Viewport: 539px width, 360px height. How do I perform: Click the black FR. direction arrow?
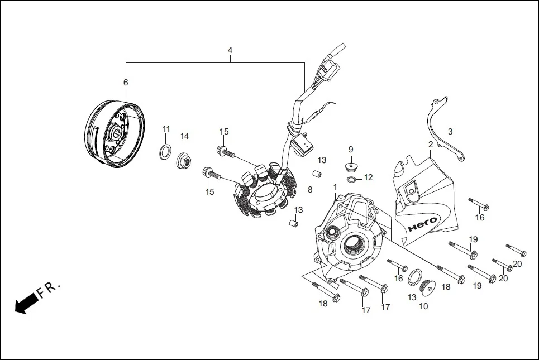click(26, 304)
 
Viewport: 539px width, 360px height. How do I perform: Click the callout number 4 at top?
click(230, 50)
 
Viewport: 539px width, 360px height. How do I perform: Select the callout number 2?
click(431, 145)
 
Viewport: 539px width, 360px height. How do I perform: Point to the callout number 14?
click(184, 136)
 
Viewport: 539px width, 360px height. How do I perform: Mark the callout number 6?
click(126, 83)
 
